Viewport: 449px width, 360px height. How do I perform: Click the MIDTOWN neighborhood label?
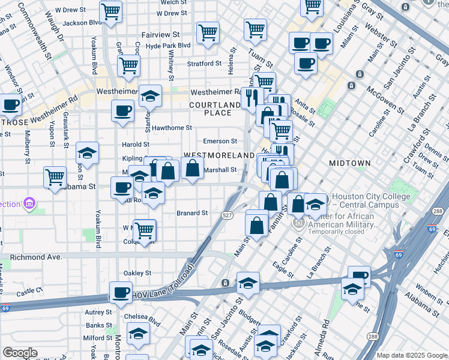click(350, 163)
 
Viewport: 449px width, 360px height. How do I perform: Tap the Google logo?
click(20, 353)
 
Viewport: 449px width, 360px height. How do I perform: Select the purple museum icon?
click(28, 204)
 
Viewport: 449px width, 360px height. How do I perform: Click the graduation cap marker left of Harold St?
click(88, 153)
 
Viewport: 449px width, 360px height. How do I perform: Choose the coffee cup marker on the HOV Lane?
click(122, 292)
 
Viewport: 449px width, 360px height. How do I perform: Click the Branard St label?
click(192, 213)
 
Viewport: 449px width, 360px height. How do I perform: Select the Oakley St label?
click(137, 273)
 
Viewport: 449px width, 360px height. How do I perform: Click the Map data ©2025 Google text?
click(411, 355)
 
